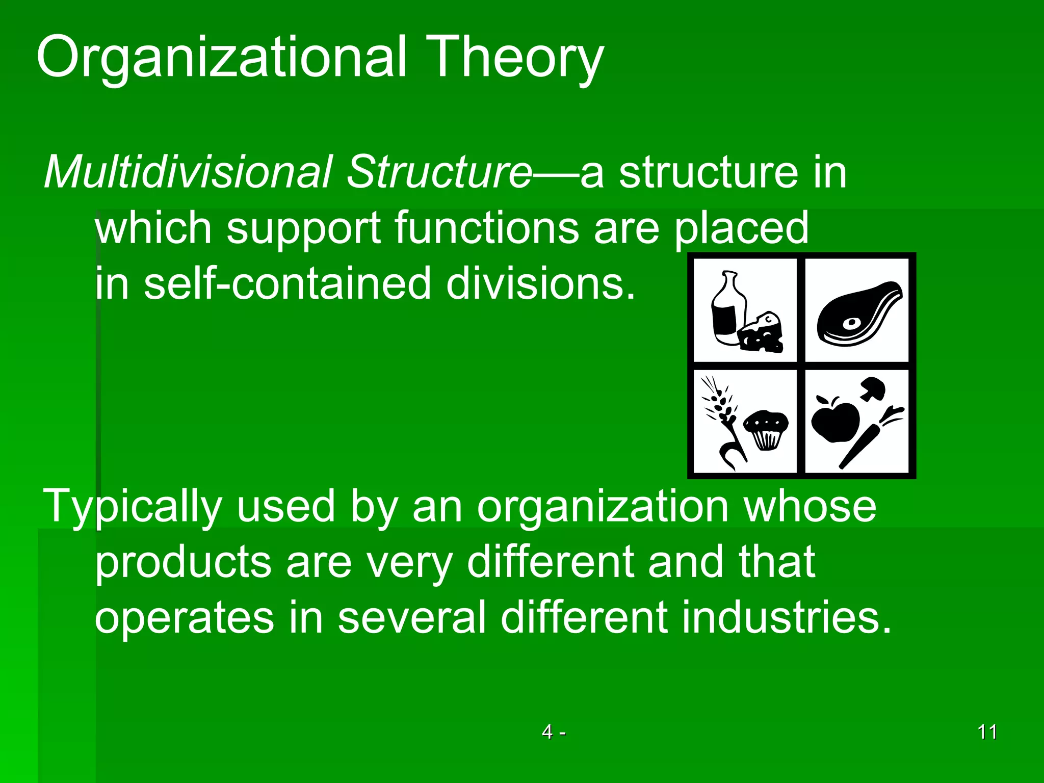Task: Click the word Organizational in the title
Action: pos(221,57)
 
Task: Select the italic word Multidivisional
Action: pos(188,172)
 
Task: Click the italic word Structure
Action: pos(439,172)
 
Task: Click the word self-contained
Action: pos(288,283)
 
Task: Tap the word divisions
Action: pos(541,283)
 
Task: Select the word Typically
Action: pos(132,506)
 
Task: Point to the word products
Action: pos(183,562)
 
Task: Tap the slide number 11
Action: pos(987,732)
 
